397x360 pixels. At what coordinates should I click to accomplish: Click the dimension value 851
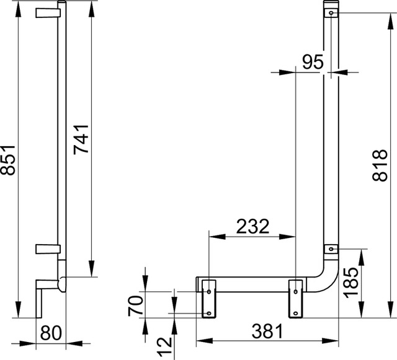(x=7, y=160)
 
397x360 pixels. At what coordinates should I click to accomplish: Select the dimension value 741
(x=81, y=139)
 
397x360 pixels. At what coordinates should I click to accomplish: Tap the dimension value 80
(x=51, y=333)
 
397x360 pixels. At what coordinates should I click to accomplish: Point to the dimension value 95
(x=313, y=62)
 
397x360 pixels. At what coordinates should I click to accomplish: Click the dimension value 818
(x=380, y=165)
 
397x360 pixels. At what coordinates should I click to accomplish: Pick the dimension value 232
(x=252, y=226)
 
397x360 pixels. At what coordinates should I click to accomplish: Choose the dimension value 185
(x=351, y=283)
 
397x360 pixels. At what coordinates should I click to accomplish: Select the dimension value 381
(x=267, y=331)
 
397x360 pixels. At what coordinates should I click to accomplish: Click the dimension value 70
(x=135, y=306)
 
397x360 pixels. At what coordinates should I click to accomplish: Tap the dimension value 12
(x=164, y=346)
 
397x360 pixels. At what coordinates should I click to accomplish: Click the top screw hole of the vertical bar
(x=331, y=12)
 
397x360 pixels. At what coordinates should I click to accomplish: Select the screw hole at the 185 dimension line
(x=331, y=249)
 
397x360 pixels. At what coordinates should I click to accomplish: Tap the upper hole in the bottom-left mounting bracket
(x=209, y=292)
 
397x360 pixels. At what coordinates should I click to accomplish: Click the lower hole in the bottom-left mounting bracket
(x=209, y=314)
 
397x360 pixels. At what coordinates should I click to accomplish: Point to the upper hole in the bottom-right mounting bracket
(x=295, y=292)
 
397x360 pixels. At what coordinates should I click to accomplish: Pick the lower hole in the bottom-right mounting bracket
(x=295, y=314)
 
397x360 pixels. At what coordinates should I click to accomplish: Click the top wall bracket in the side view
(x=48, y=13)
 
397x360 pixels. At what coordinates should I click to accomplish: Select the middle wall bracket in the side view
(x=48, y=249)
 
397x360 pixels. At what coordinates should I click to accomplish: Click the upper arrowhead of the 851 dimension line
(x=19, y=10)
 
